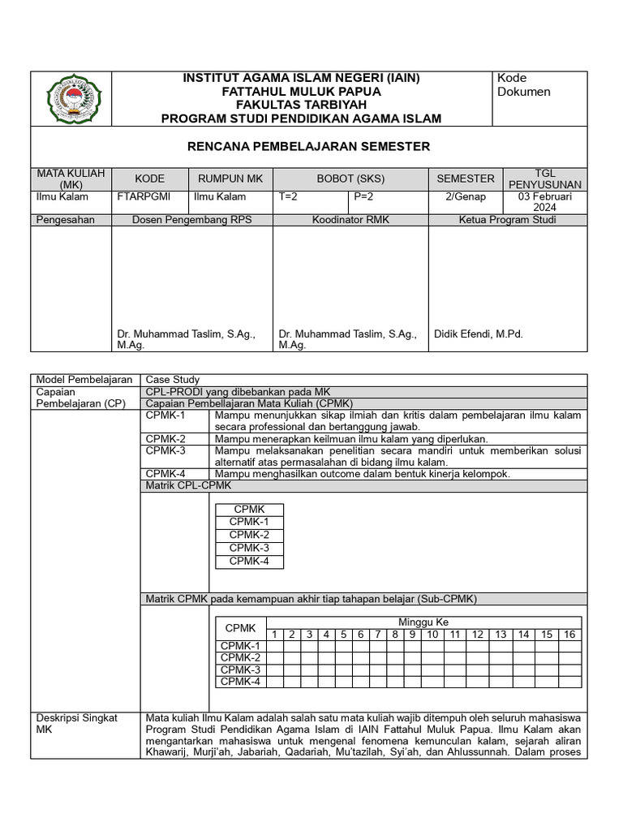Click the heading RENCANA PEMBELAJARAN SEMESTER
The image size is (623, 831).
309,146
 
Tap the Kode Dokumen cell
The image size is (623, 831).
523,84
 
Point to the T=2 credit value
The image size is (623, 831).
288,196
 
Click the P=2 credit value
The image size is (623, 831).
363,196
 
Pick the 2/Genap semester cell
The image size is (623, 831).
466,196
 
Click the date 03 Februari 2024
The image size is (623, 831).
544,201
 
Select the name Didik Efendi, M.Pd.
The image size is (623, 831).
479,334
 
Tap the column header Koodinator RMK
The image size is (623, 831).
350,219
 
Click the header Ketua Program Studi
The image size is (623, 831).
507,219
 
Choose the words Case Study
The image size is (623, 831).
172,379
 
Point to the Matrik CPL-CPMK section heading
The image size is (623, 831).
188,485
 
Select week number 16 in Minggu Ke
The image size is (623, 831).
569,635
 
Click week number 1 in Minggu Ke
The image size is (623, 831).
275,635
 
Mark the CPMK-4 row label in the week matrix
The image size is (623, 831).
240,682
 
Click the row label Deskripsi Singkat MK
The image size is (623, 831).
77,723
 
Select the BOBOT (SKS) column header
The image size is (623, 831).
350,179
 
